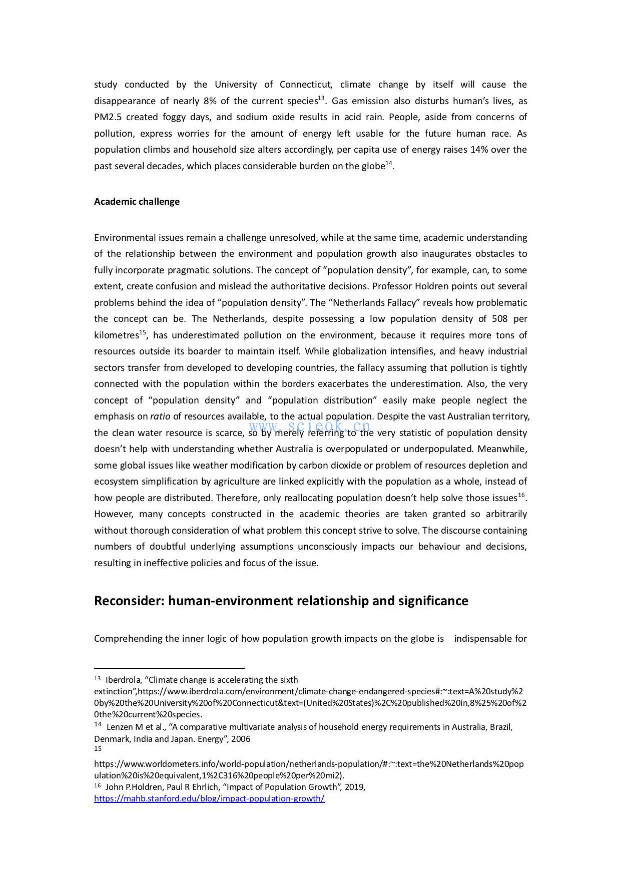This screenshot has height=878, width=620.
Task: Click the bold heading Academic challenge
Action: [x=137, y=202]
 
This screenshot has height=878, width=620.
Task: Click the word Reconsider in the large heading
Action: [x=129, y=601]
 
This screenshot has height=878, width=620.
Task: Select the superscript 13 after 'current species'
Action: [x=321, y=98]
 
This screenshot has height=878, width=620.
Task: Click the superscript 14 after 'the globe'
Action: [x=388, y=163]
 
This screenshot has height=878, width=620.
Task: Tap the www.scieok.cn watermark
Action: [x=310, y=426]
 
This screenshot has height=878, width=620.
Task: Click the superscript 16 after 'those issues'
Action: [x=521, y=495]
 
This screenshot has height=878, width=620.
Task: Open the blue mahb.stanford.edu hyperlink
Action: [x=209, y=799]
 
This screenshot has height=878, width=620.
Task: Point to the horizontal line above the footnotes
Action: [x=169, y=668]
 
